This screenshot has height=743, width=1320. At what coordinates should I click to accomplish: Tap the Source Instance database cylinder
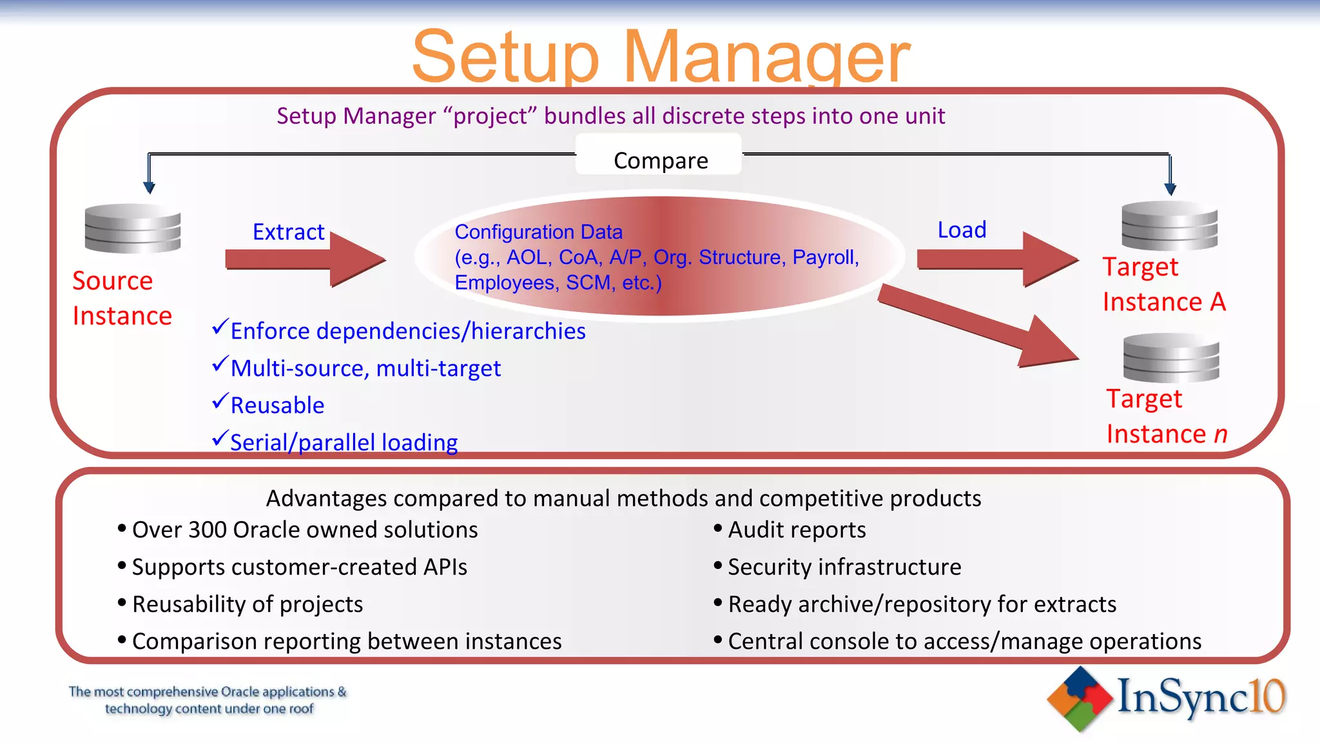[133, 228]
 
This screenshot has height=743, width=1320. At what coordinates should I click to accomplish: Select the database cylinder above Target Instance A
[1169, 226]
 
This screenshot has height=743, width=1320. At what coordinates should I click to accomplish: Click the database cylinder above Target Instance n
[1170, 358]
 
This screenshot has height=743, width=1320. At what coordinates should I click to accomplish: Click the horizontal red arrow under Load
[996, 259]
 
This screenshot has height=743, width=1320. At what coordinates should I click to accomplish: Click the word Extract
[288, 232]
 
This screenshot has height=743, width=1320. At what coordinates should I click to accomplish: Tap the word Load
[961, 230]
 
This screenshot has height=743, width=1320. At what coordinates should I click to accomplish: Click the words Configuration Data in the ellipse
[538, 232]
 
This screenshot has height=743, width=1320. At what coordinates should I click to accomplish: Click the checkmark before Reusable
[220, 402]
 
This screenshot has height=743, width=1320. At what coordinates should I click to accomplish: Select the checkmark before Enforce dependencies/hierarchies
[220, 327]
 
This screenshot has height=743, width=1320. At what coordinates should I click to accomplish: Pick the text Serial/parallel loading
[344, 442]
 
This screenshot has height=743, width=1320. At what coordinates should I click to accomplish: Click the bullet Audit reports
[796, 530]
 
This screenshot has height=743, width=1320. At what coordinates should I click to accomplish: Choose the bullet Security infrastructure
[844, 567]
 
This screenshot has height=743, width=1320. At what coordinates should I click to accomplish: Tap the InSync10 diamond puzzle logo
[1080, 698]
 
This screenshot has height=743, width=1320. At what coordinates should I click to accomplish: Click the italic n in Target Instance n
[1220, 435]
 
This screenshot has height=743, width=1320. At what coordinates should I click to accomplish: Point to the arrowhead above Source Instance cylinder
[149, 188]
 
